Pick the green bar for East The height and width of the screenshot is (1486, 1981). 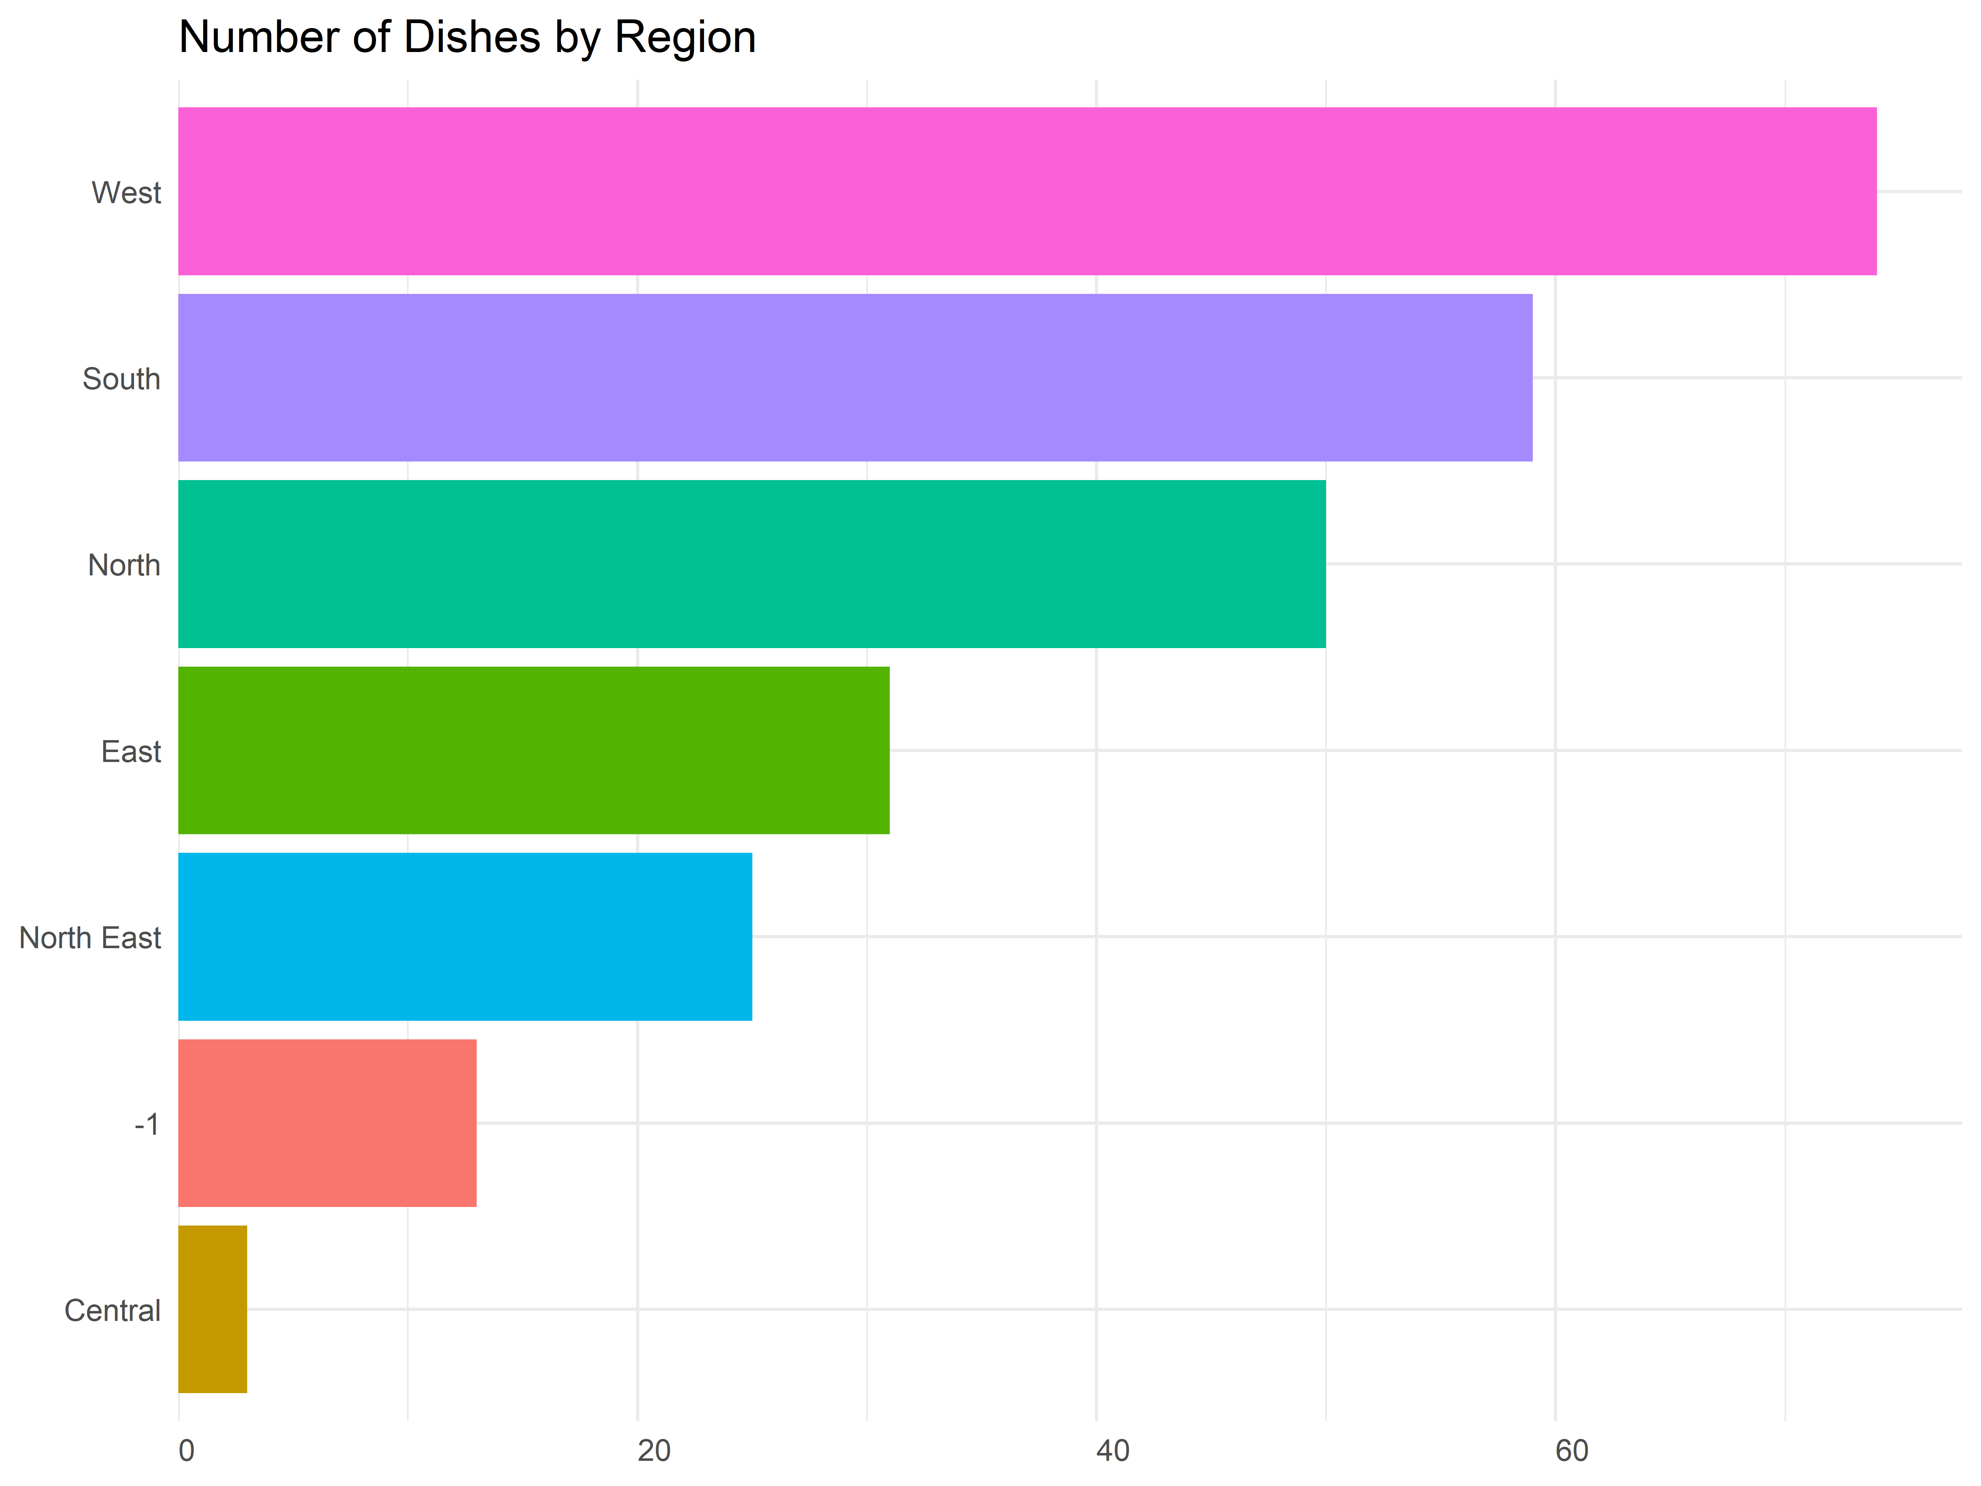point(534,750)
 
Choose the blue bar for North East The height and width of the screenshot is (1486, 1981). point(465,937)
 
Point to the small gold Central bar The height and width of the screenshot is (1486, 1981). point(212,1310)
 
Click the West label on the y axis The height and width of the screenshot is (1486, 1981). point(126,193)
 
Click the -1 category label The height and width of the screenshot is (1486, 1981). point(147,1124)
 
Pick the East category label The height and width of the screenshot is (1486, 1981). point(131,752)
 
